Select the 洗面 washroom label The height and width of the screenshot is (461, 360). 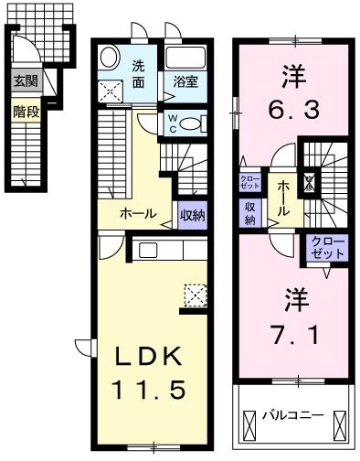click(x=138, y=73)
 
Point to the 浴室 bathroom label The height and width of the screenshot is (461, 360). click(x=185, y=81)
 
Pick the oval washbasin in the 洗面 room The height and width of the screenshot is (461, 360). click(x=108, y=57)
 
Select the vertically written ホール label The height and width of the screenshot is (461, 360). click(x=283, y=197)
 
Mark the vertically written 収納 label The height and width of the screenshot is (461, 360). click(x=249, y=212)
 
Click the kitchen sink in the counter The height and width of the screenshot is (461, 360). click(x=148, y=250)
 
